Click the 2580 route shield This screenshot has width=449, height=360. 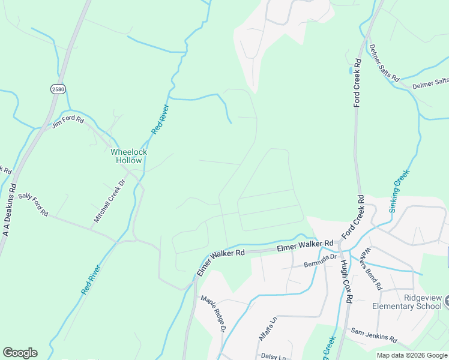(58, 89)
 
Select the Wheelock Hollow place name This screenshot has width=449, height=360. (128, 156)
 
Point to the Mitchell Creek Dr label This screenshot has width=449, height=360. (109, 201)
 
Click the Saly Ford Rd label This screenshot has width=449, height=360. (33, 205)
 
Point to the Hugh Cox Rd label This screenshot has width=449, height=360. (345, 280)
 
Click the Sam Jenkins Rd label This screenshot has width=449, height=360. (374, 335)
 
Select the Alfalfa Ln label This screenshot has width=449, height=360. (267, 329)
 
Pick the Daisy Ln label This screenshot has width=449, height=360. (274, 355)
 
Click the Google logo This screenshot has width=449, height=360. (20, 353)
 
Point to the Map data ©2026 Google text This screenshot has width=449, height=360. (411, 355)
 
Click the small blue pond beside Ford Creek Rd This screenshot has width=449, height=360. (350, 70)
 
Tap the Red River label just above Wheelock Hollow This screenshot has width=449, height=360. (160, 119)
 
